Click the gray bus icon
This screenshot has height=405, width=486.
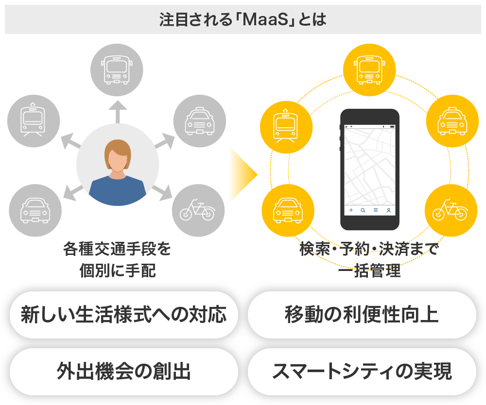[x=117, y=69]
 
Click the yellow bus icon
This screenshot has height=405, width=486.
[x=369, y=68]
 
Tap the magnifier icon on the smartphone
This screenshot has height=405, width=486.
[x=363, y=210]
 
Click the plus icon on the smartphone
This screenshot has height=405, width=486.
[x=351, y=210]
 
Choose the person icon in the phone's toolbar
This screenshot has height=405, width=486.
[x=389, y=210]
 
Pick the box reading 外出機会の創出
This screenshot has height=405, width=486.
[x=123, y=371]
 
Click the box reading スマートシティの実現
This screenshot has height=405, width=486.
[x=362, y=371]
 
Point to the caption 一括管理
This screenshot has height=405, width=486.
[x=369, y=271]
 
